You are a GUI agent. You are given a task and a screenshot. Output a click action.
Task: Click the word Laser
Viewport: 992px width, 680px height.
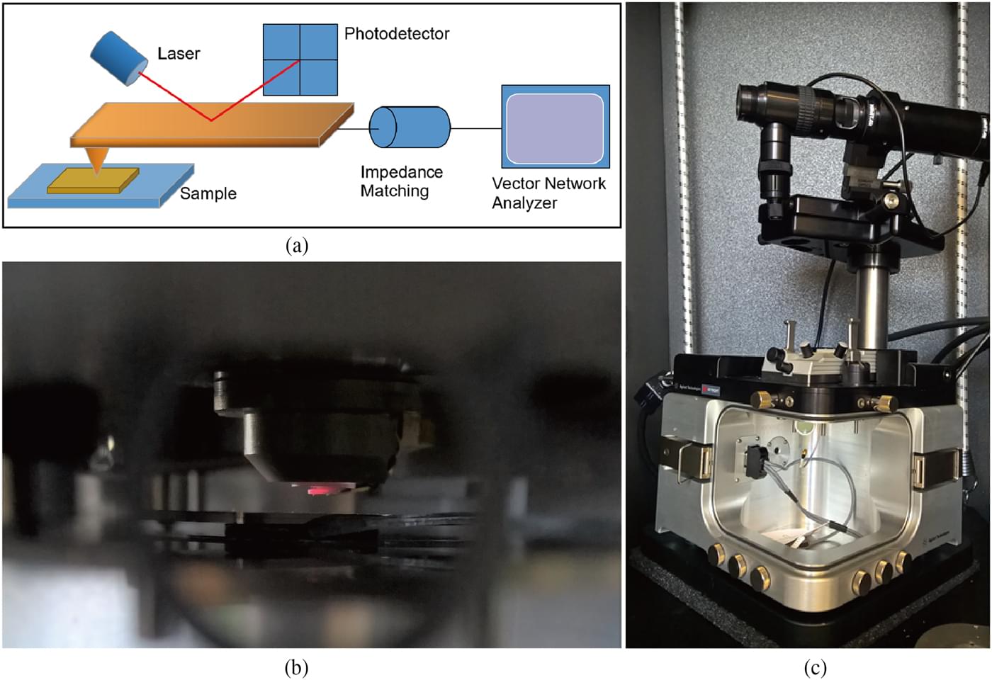coord(179,54)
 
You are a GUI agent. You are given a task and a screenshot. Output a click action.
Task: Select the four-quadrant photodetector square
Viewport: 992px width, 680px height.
coord(300,59)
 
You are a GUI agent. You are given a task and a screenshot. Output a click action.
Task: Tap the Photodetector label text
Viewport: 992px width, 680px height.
coord(396,33)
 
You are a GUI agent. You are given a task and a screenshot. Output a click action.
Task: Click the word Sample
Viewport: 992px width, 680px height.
coord(208,193)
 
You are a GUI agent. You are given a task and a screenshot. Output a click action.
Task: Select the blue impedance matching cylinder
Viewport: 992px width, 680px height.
coord(410,127)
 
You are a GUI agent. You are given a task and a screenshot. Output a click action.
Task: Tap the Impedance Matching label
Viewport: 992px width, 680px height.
coord(401,181)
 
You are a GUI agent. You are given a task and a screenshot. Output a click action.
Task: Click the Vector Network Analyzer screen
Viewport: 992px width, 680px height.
coord(556,128)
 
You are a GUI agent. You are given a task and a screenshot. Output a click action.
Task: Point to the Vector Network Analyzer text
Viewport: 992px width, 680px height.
coord(548,193)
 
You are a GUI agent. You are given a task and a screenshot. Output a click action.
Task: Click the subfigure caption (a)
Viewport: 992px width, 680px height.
coord(297,245)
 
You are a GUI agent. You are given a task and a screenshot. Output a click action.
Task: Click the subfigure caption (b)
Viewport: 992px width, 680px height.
coord(296,667)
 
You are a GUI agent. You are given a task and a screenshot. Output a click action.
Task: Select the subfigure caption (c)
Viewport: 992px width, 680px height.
coord(815,667)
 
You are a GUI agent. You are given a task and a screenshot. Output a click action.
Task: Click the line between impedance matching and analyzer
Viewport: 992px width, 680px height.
coord(475,128)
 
